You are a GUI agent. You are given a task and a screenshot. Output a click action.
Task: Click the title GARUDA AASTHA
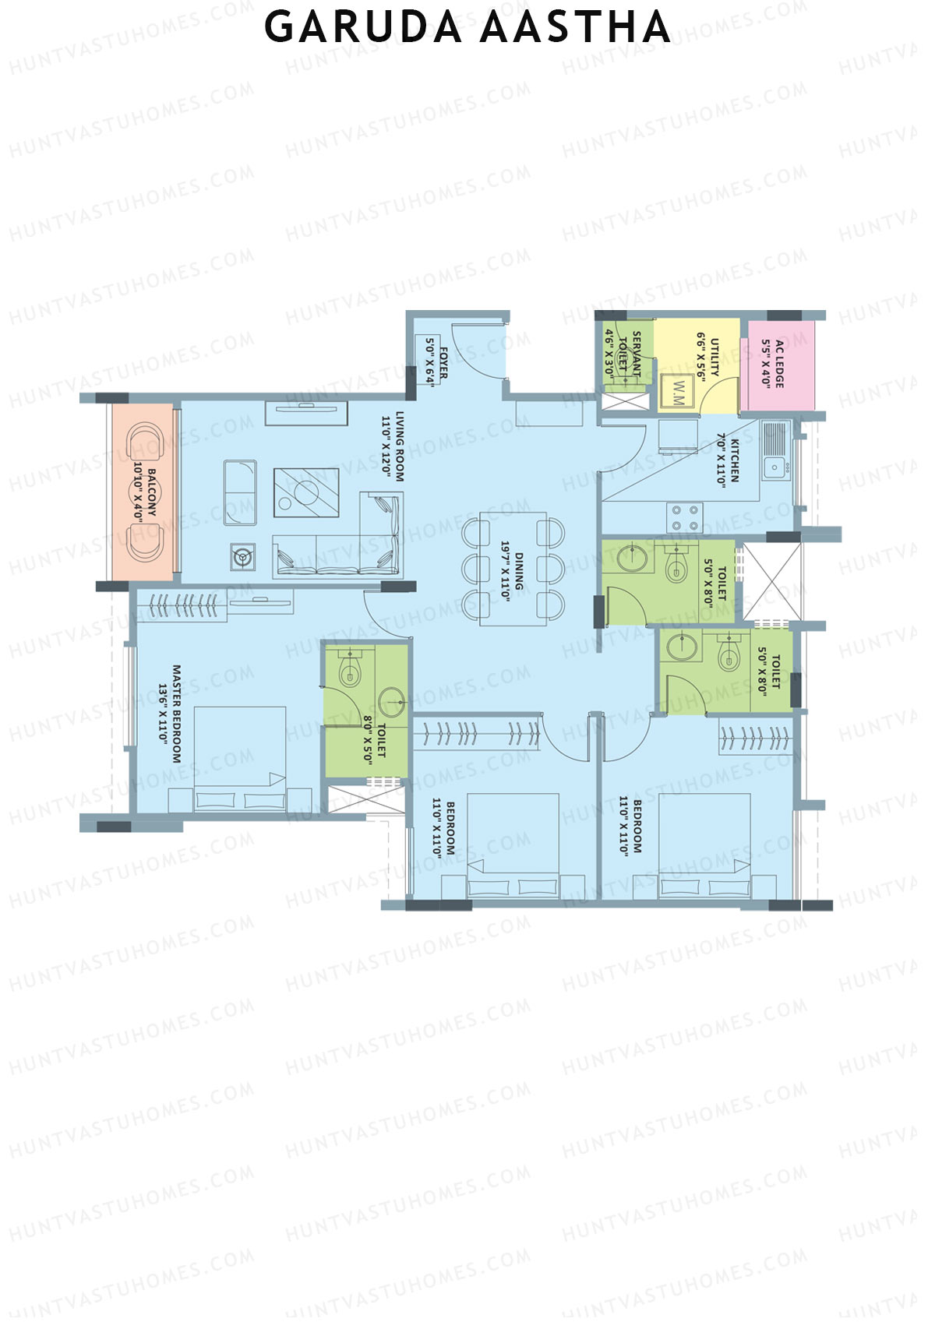(466, 27)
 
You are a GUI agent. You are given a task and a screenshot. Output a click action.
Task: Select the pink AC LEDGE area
(778, 365)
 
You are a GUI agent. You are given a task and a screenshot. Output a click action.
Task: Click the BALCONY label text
(151, 493)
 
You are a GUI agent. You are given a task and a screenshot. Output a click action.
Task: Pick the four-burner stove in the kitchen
(685, 517)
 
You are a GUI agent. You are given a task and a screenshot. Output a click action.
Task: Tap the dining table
(513, 569)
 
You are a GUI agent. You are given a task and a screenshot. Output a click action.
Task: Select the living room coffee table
(306, 492)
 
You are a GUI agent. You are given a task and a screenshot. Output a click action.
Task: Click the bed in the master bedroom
(240, 759)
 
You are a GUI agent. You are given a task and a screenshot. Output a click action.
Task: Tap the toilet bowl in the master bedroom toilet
(350, 668)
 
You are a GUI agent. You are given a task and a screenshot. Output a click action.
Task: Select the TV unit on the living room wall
(306, 413)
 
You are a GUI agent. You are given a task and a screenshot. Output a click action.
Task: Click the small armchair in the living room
(240, 493)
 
